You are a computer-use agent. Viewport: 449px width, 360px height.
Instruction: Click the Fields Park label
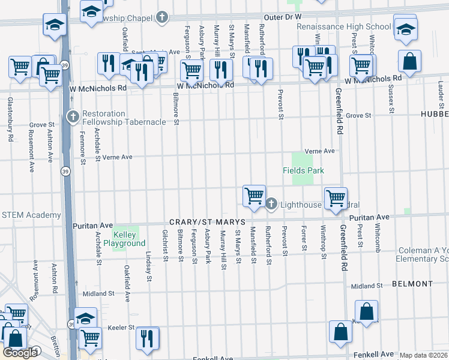(x=303, y=171)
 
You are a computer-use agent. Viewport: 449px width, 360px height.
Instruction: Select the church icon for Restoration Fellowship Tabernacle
(x=73, y=114)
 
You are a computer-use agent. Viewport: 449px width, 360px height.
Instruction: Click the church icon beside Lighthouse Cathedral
(x=271, y=205)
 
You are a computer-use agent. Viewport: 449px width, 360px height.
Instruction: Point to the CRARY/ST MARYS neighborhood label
(x=207, y=221)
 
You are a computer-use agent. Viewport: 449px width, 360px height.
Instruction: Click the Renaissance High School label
(x=343, y=27)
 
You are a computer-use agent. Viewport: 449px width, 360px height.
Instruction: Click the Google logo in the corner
(x=20, y=353)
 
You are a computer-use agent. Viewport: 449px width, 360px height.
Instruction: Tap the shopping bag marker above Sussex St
(x=409, y=62)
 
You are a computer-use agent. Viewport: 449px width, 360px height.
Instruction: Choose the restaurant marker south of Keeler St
(x=147, y=338)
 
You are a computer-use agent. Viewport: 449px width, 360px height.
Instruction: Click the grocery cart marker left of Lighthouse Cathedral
(x=255, y=196)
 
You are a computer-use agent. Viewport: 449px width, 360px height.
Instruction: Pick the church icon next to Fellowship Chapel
(x=161, y=17)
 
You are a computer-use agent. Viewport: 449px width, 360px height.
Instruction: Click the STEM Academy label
(x=31, y=215)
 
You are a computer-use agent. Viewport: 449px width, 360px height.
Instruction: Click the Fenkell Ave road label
(x=212, y=358)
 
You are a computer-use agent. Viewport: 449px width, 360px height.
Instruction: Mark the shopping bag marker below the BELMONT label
(x=366, y=312)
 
